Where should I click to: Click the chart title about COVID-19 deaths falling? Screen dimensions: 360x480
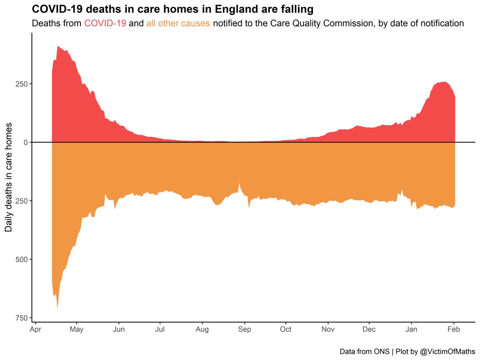173,9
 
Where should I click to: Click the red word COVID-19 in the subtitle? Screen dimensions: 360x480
105,23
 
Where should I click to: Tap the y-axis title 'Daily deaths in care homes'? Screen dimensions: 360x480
8,177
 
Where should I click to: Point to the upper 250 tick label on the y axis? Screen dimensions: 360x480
21,84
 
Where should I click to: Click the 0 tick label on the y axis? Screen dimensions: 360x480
25,142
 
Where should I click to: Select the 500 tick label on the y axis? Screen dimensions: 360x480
21,259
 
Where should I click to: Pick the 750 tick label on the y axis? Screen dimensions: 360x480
21,318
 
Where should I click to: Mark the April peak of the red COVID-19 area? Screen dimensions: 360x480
58,47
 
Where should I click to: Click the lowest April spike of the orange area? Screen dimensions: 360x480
57,307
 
